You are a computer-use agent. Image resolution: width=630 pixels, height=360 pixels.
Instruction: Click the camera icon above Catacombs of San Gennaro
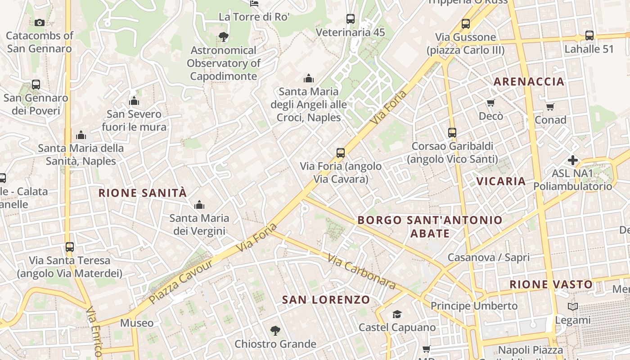(x=39, y=22)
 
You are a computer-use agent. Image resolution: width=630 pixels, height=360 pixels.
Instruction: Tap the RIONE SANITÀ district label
(x=142, y=193)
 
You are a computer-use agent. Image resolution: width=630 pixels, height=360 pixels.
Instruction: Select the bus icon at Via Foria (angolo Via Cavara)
(x=341, y=153)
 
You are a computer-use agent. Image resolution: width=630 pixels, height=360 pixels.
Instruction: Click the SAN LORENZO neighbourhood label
(x=326, y=300)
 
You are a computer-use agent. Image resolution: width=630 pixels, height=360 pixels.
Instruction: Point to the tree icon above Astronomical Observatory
(x=223, y=37)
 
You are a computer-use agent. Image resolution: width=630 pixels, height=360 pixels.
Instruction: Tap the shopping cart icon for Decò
(x=490, y=103)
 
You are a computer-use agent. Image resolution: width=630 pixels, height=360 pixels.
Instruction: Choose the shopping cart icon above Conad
(x=550, y=107)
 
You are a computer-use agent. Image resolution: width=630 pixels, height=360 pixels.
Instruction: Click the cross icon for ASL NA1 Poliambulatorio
(x=572, y=160)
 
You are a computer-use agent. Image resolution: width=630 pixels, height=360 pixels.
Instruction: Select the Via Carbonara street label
(x=361, y=272)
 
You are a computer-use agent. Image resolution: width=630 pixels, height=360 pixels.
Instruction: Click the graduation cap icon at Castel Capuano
(x=397, y=314)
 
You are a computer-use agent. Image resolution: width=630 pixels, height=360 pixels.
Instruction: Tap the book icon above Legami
(x=572, y=307)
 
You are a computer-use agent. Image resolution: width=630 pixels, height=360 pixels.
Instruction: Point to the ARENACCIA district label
(x=529, y=81)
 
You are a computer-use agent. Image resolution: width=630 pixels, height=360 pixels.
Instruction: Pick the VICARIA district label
(x=501, y=181)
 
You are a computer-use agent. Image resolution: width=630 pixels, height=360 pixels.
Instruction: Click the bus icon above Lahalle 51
(x=589, y=35)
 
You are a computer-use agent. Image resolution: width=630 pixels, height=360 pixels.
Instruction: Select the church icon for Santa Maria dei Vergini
(x=199, y=205)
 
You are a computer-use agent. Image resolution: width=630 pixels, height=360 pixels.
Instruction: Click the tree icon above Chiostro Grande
(x=275, y=331)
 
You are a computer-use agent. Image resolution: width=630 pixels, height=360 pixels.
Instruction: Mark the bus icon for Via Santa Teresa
(x=69, y=247)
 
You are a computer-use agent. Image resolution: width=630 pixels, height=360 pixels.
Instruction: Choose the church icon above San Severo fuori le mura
(x=134, y=101)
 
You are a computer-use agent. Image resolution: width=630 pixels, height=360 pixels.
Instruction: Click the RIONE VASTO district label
(x=551, y=284)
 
